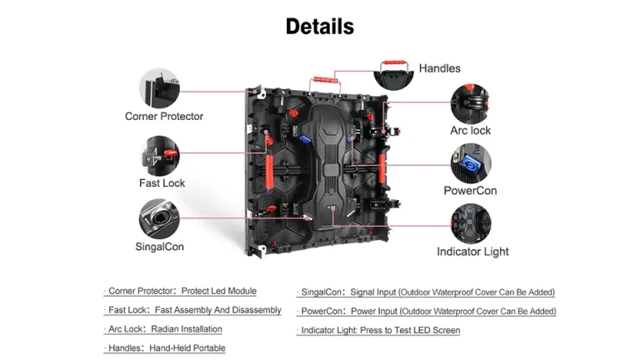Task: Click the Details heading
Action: [x=320, y=27]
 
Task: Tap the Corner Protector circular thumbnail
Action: [x=159, y=88]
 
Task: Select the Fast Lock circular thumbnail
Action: [x=159, y=156]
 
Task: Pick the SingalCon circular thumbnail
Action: [x=159, y=219]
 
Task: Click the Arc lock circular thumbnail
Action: [x=470, y=103]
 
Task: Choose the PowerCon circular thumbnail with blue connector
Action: [x=471, y=163]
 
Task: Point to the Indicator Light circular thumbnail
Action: [x=471, y=223]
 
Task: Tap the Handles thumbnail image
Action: [x=394, y=75]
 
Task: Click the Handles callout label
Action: [x=440, y=68]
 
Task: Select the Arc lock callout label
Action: [x=470, y=131]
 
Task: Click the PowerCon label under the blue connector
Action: [x=470, y=191]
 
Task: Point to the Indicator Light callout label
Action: [x=472, y=252]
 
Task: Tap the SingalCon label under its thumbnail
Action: [x=160, y=247]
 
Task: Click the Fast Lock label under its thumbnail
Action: [x=162, y=182]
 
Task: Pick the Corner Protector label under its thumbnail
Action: [x=164, y=117]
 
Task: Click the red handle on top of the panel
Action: [x=325, y=80]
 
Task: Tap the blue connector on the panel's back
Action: [x=305, y=140]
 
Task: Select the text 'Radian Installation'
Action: [x=187, y=329]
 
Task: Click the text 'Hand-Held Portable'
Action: [x=187, y=348]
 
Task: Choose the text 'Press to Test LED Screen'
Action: [x=410, y=330]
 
